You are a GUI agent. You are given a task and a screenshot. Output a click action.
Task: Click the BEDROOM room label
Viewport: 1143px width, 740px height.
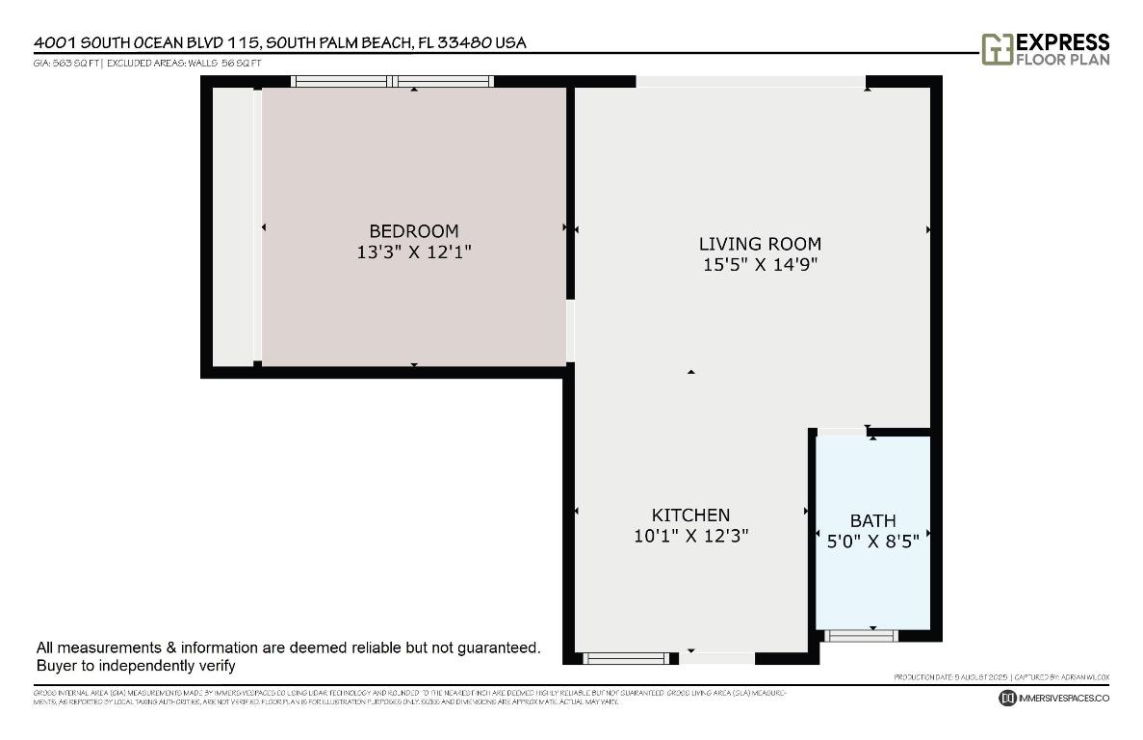[414, 231]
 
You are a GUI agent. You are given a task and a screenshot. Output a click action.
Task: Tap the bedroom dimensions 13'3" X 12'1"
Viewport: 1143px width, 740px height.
[414, 252]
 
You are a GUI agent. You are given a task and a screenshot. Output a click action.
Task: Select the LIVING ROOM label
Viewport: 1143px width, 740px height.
[760, 244]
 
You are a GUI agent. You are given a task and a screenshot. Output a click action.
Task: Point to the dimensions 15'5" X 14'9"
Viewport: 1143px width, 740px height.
[760, 265]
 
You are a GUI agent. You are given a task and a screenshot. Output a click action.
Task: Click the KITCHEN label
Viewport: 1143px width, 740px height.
[690, 515]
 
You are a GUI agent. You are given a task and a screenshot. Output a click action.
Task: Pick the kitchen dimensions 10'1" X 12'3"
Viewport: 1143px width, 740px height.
[690, 537]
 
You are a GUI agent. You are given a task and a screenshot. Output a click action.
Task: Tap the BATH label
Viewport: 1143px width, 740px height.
[872, 521]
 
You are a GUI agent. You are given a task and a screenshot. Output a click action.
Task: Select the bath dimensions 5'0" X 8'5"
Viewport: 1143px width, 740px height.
[872, 542]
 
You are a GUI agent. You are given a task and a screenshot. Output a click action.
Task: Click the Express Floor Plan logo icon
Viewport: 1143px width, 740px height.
[997, 49]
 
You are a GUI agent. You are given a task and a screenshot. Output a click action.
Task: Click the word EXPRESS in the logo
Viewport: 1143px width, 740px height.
[1063, 42]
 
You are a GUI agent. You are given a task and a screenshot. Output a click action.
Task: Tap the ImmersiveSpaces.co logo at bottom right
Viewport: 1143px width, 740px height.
[1054, 698]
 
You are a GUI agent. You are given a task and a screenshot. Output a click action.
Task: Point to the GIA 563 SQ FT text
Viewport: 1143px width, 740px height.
[66, 63]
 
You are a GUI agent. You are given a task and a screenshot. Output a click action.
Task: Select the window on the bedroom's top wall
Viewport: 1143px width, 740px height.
[393, 82]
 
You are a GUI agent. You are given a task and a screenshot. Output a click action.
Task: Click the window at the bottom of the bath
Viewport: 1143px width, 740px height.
[862, 635]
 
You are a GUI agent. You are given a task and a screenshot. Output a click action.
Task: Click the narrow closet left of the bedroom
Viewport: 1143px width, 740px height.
[232, 227]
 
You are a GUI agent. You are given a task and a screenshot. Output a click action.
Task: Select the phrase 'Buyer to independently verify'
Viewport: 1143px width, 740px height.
[136, 666]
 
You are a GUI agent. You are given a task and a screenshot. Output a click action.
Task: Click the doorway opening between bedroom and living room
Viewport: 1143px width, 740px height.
[570, 330]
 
